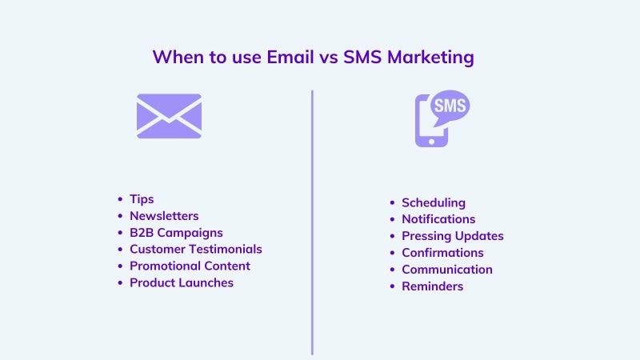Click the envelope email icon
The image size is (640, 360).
point(169,116)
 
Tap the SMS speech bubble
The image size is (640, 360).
point(450,106)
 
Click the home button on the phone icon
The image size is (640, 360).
point(431,142)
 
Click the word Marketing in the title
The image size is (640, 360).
point(430,58)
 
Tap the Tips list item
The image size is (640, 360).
point(142,199)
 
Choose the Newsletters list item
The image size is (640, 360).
point(164,215)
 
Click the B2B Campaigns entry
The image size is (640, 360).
point(176,233)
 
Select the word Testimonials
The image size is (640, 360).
point(225,249)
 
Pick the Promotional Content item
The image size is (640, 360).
point(190,266)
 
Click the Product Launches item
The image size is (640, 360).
point(182,282)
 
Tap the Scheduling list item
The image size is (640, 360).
point(434,203)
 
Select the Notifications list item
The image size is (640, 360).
point(438,219)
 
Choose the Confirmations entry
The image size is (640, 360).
point(443,253)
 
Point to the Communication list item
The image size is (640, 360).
point(447,270)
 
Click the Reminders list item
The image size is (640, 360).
point(433,286)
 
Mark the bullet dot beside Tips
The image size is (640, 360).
point(120,199)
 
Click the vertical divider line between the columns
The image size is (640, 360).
point(312,222)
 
